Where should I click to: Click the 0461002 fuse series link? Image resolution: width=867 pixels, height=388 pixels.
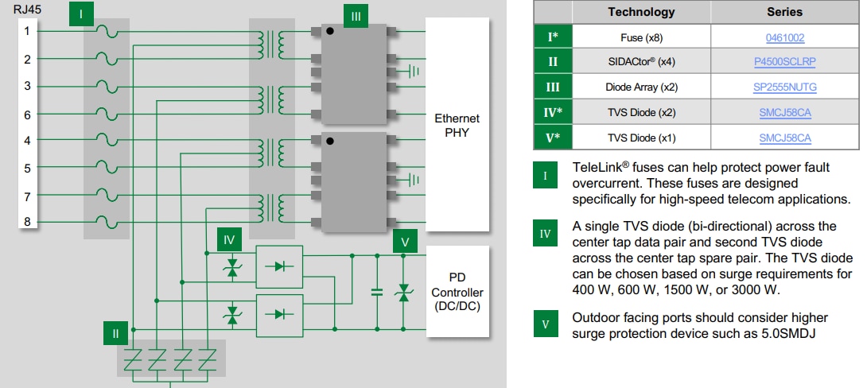click(x=784, y=37)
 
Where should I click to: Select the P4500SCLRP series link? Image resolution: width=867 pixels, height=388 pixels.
click(x=784, y=62)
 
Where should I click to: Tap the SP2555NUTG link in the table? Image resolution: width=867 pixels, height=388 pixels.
click(x=784, y=87)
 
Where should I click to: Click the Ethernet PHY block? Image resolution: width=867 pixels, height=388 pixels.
click(x=457, y=126)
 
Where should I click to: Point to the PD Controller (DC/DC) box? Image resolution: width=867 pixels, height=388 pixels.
click(x=457, y=293)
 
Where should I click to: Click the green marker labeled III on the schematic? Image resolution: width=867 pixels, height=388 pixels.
click(x=356, y=16)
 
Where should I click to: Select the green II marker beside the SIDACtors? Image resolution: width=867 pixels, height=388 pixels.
click(x=115, y=333)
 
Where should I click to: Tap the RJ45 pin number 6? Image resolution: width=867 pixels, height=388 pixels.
click(x=27, y=114)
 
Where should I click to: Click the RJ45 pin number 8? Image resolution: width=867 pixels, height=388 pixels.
click(x=27, y=223)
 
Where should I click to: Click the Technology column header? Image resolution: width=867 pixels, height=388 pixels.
click(x=641, y=12)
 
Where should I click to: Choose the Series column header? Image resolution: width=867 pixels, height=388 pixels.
click(x=784, y=12)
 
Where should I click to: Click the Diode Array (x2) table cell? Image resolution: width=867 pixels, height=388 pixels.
click(x=641, y=87)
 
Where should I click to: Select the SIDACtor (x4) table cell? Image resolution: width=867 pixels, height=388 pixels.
click(x=641, y=62)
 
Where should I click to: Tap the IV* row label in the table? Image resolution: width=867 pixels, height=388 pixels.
click(x=553, y=113)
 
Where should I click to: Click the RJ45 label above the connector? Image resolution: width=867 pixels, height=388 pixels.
click(x=28, y=10)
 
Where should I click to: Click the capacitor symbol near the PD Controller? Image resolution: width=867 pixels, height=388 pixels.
click(x=376, y=292)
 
